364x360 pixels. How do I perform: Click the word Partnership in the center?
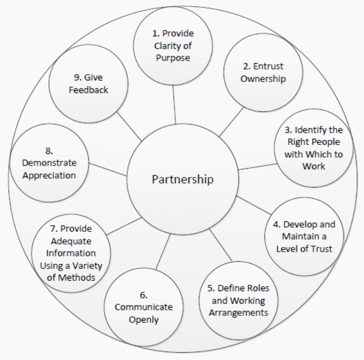pos(183,179)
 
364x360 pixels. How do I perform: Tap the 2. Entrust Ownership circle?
pos(262,73)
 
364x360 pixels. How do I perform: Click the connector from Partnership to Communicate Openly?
pos(163,258)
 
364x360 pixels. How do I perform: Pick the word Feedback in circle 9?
pos(88,90)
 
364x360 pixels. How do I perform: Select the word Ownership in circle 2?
pos(262,79)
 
